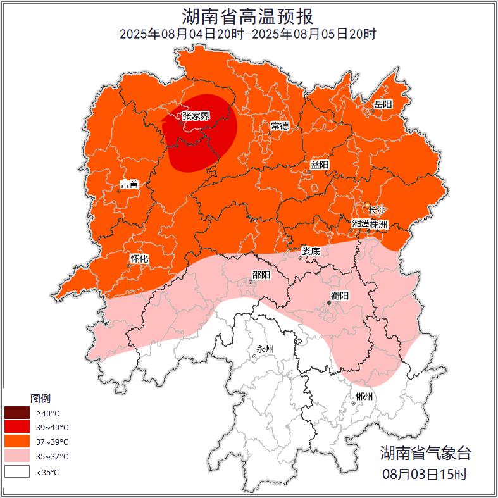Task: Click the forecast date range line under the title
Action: tap(248, 34)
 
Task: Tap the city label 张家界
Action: tap(196, 116)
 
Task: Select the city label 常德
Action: tap(280, 125)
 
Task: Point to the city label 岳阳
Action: tap(383, 104)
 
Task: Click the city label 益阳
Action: tap(320, 165)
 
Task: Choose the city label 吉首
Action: tap(129, 184)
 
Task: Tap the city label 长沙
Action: tap(377, 209)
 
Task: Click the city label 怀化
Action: tap(139, 258)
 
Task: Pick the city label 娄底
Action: tap(311, 251)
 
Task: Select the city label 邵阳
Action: tap(261, 275)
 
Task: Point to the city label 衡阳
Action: tap(340, 296)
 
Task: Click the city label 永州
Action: tap(265, 349)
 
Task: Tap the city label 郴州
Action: tap(364, 397)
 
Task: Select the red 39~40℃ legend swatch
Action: tap(17, 428)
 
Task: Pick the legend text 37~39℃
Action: tap(52, 442)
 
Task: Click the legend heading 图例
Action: tap(40, 399)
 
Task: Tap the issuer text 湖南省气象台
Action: tap(425, 452)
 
